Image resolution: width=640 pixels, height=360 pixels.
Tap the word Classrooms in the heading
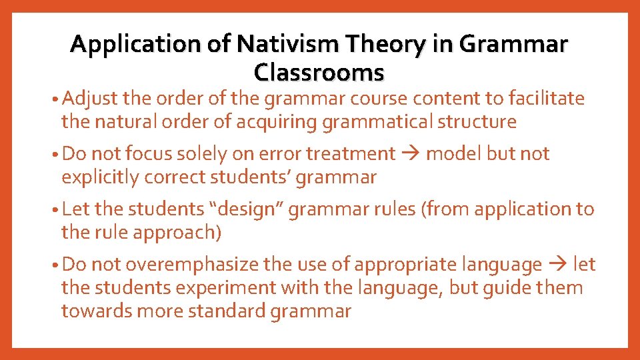coord(319,71)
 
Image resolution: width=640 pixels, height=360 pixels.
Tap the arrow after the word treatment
coord(410,154)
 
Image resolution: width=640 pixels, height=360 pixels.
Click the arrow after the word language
coord(557,265)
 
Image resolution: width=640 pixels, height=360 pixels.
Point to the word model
coord(454,154)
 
